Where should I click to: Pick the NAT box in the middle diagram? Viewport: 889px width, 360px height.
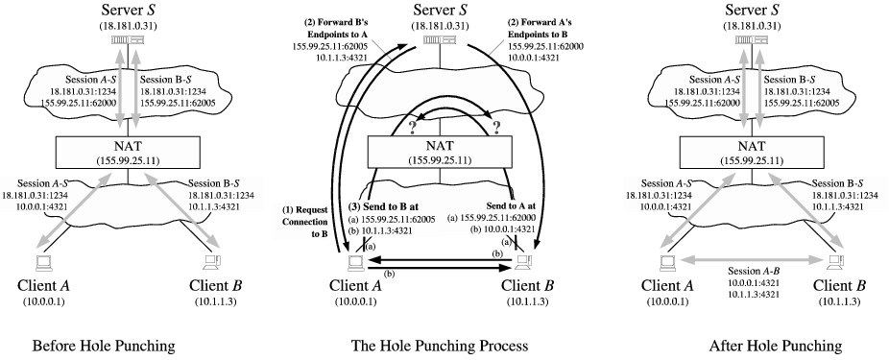(444, 153)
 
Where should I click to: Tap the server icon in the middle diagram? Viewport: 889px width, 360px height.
(444, 50)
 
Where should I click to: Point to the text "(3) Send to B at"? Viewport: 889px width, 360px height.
(397, 205)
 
